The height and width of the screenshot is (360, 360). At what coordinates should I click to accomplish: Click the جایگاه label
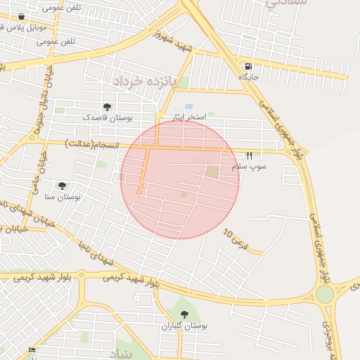coord(248,76)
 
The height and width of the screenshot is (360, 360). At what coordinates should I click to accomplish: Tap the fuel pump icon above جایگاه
coord(249,66)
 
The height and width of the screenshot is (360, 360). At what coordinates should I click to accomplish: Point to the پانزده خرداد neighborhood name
coord(143,82)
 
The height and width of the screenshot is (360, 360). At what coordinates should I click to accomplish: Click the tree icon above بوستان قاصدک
coord(107,107)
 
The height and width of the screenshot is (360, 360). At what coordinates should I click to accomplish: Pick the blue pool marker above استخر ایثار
coord(189,106)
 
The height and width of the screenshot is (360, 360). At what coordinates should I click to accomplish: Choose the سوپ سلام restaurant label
coord(247,166)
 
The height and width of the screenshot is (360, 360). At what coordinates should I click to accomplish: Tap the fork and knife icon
coord(248,155)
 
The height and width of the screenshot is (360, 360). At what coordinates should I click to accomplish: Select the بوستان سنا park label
coord(62,197)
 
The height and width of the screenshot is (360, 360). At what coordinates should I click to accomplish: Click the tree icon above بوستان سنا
coord(62,186)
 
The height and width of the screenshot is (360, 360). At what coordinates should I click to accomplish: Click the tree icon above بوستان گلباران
coord(184,314)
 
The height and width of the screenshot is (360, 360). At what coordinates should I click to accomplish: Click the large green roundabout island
coord(324,294)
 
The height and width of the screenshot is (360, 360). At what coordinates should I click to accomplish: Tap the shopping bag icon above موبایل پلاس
coord(21,16)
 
